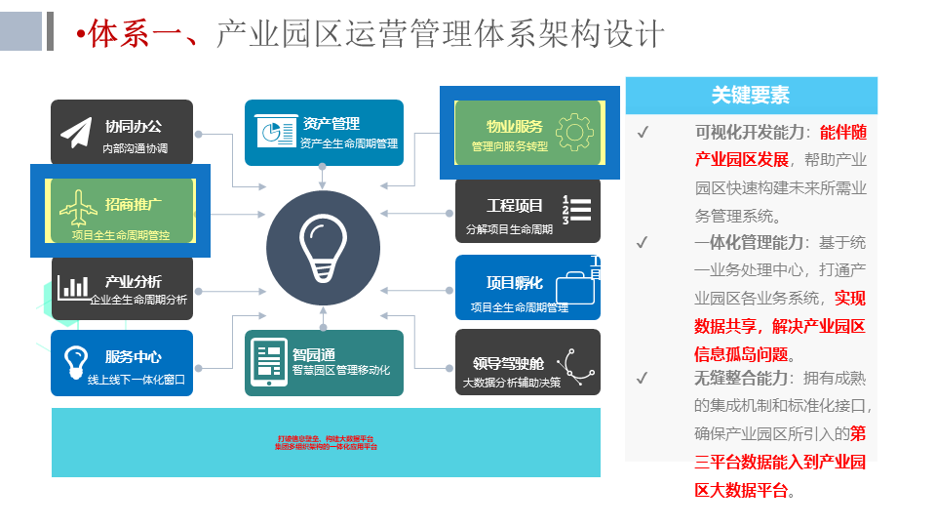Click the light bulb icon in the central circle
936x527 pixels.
click(x=323, y=248)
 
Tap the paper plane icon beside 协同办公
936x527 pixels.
click(x=76, y=134)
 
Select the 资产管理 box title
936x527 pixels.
click(x=331, y=124)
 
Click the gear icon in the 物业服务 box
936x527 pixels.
click(x=573, y=132)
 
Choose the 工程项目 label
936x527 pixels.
click(x=515, y=206)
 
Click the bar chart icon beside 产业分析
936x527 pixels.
click(x=74, y=287)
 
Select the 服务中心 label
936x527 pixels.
click(x=134, y=357)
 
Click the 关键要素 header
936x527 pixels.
click(x=751, y=96)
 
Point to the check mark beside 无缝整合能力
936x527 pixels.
click(x=643, y=378)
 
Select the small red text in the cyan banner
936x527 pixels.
click(x=326, y=442)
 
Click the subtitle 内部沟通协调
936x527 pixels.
click(x=135, y=149)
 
